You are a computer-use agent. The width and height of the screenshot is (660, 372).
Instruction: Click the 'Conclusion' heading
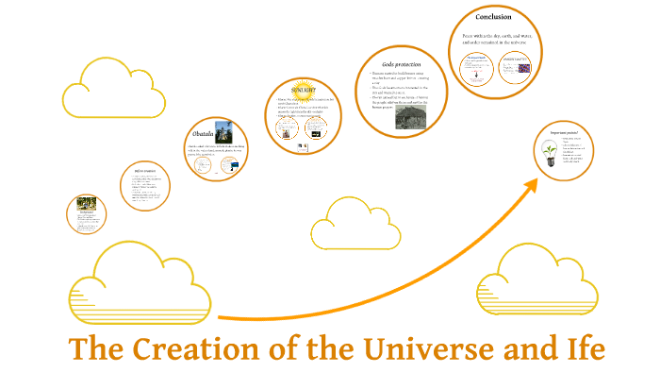tap(493, 18)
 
